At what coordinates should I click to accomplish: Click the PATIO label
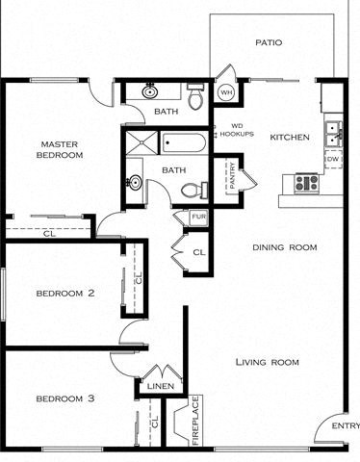pyautogui.click(x=268, y=42)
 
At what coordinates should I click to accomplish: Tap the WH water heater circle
pyautogui.click(x=227, y=92)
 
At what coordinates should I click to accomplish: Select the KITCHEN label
pyautogui.click(x=289, y=138)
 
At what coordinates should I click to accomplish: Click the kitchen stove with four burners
pyautogui.click(x=306, y=181)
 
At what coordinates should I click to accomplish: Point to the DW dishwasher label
pyautogui.click(x=332, y=159)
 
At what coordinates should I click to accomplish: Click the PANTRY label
pyautogui.click(x=232, y=177)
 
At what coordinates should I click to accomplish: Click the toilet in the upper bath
pyautogui.click(x=195, y=96)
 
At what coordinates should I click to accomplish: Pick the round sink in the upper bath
pyautogui.click(x=150, y=93)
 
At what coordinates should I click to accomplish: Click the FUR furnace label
pyautogui.click(x=198, y=217)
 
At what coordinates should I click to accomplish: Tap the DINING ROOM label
pyautogui.click(x=285, y=247)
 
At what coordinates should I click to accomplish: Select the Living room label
pyautogui.click(x=267, y=362)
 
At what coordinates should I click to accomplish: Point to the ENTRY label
pyautogui.click(x=345, y=425)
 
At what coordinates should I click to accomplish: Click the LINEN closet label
pyautogui.click(x=159, y=386)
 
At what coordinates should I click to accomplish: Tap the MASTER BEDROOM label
pyautogui.click(x=59, y=149)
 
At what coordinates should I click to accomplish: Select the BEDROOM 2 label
pyautogui.click(x=64, y=294)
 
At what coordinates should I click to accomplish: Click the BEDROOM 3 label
pyautogui.click(x=64, y=398)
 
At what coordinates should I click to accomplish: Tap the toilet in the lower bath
pyautogui.click(x=191, y=190)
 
